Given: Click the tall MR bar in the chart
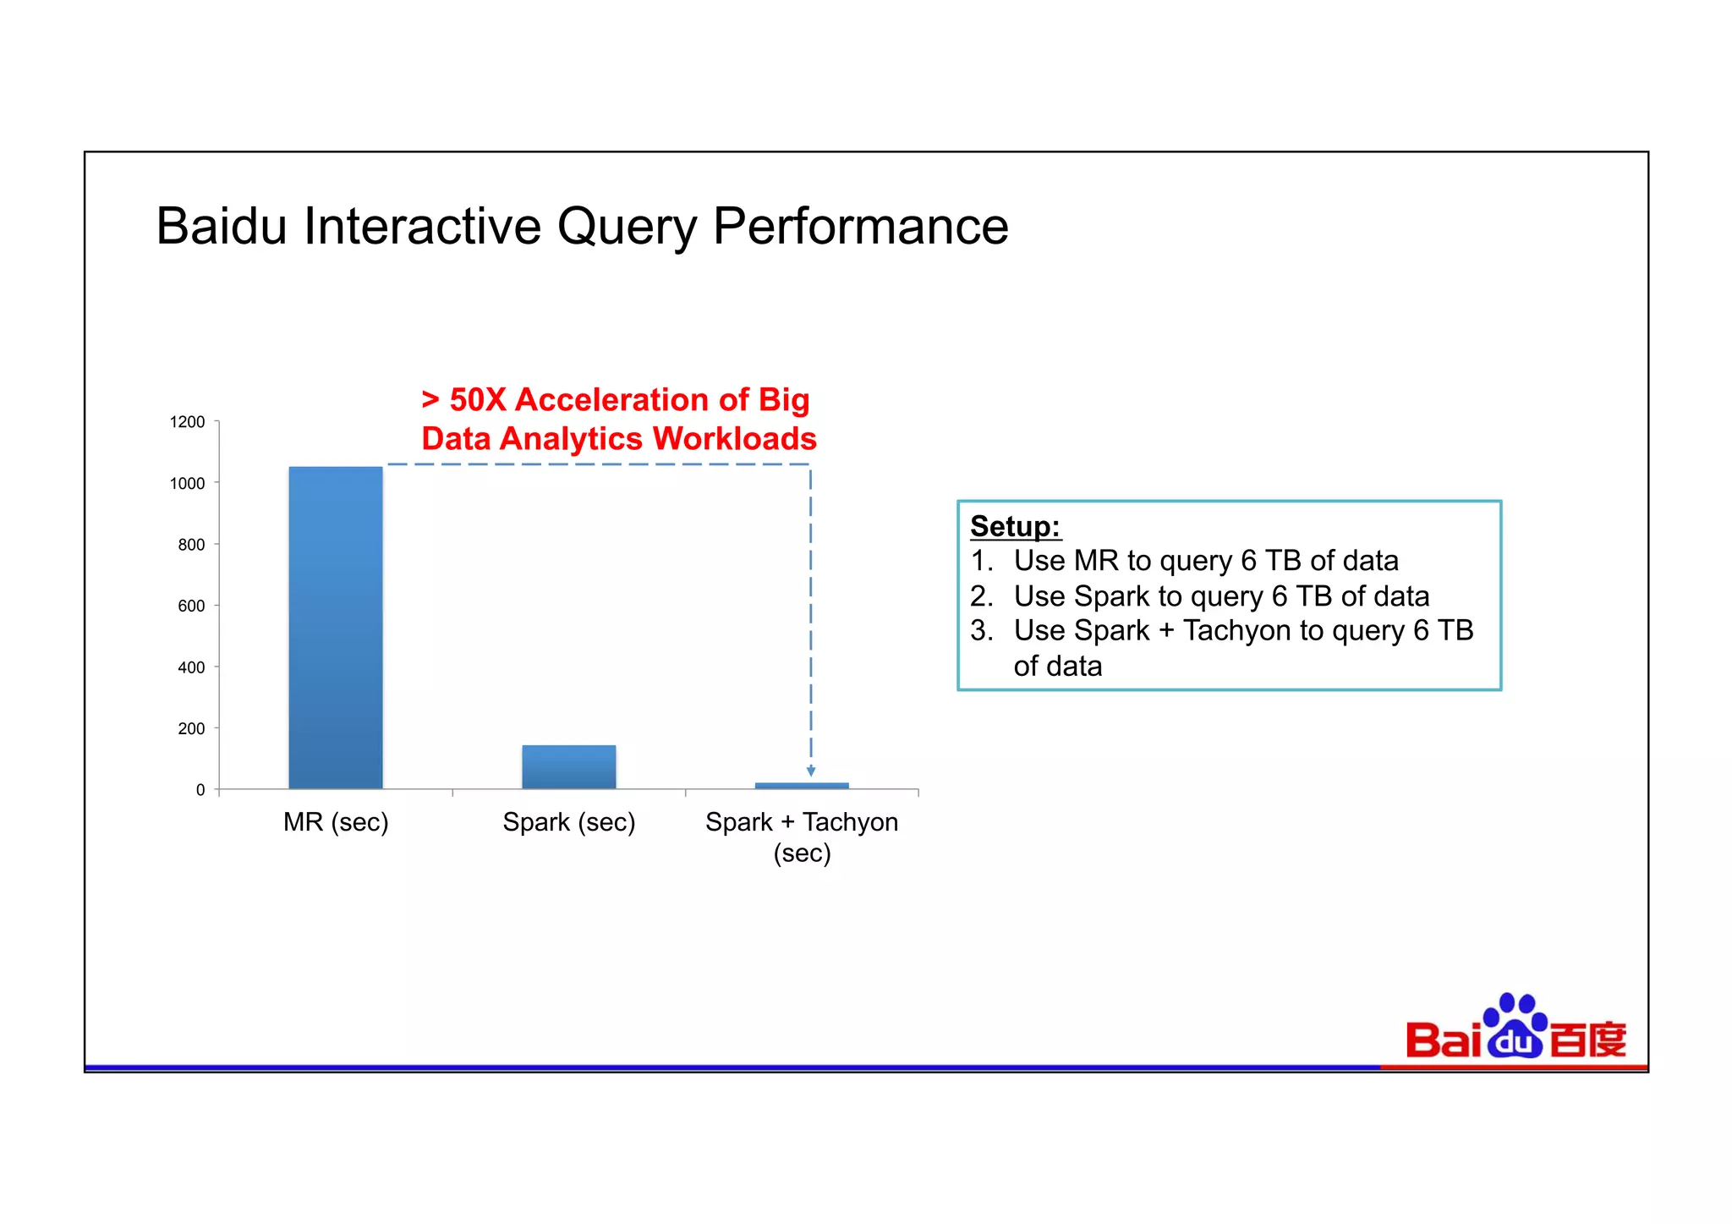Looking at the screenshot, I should coord(336,628).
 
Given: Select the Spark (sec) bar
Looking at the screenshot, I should coord(568,766).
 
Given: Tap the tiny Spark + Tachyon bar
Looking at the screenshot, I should coord(802,786).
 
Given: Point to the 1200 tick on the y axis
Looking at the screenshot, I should coord(187,422).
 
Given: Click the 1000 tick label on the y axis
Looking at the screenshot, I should coord(187,484).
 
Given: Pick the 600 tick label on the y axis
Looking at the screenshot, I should coord(191,606).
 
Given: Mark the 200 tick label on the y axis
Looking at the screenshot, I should coord(191,728).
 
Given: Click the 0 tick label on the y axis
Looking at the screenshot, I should coord(200,790).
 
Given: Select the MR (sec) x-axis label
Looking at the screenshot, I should coord(336,822).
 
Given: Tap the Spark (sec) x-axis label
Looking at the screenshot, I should coord(568,822).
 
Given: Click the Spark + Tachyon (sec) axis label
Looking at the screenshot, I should coord(802,837).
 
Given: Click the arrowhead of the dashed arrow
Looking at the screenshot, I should coord(811,771).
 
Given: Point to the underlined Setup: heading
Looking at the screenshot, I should coord(1015,526).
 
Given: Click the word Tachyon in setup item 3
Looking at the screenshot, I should coord(1237,631).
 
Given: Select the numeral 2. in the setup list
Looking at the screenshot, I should coord(982,596).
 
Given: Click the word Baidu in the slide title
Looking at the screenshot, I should coord(222,227).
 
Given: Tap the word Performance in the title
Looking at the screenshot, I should coord(860,227).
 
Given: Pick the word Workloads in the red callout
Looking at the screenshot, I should coord(734,439).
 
